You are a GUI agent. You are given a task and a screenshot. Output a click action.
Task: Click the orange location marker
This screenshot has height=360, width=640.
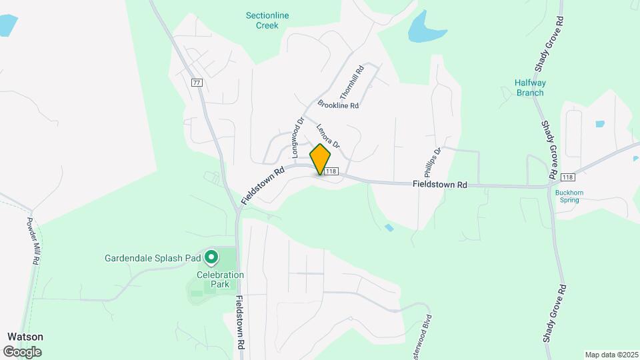(321, 159)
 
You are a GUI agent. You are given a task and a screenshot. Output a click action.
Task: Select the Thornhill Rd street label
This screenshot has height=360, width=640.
(351, 82)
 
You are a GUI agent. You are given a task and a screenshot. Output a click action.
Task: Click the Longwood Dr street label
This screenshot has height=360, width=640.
(297, 137)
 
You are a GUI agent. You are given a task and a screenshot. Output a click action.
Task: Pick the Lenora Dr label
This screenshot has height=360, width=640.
(329, 136)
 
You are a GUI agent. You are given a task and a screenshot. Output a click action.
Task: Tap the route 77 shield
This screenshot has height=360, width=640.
(197, 83)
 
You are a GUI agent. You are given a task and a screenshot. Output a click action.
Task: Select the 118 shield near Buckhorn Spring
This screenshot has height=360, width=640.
(567, 177)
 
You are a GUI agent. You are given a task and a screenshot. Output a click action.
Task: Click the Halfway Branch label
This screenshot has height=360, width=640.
(530, 87)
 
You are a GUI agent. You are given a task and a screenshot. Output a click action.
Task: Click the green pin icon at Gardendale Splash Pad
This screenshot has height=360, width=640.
(211, 257)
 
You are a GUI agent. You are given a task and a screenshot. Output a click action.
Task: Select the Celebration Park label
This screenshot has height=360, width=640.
(221, 279)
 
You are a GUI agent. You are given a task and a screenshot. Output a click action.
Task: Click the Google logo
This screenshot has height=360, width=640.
(22, 351)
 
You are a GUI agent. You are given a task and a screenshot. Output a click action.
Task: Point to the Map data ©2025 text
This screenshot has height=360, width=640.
(611, 355)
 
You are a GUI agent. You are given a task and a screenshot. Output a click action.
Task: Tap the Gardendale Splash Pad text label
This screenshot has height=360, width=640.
(153, 258)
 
